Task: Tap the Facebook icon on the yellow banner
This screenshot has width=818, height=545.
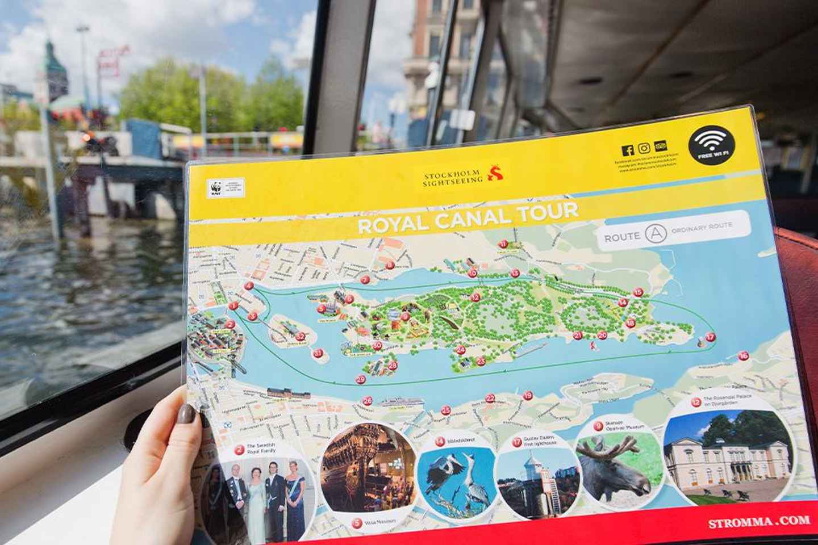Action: pos(628,149)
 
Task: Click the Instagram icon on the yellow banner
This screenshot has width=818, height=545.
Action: pos(644,148)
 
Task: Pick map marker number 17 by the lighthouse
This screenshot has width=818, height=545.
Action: pos(710,337)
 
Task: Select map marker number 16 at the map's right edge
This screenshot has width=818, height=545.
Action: pos(744,356)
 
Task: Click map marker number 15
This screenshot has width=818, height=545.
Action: pos(637,292)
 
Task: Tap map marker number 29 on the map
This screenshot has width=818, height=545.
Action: pos(360,379)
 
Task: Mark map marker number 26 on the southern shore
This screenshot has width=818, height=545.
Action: pos(368,401)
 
